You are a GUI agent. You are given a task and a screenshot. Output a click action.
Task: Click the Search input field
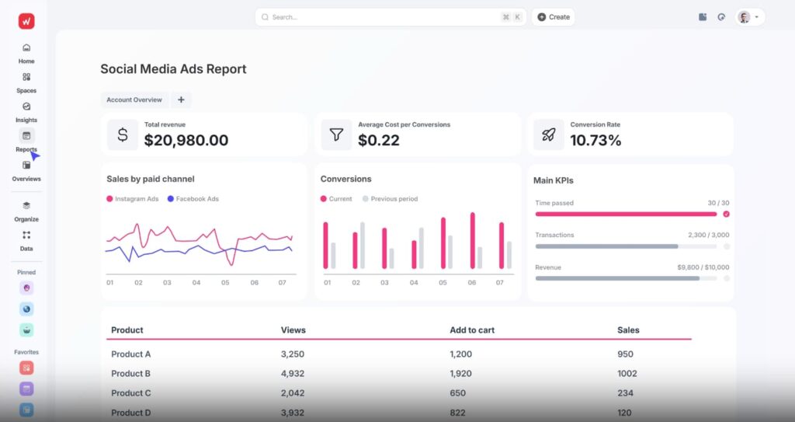coord(391,17)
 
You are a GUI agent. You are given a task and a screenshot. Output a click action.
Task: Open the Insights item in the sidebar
coord(26,112)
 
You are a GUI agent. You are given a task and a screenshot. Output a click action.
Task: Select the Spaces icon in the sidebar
coord(26,77)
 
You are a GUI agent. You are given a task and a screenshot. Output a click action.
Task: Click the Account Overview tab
coord(134,100)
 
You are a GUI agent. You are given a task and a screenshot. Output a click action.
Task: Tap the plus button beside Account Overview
coord(181,100)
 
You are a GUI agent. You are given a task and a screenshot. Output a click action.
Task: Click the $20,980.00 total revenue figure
coord(186,140)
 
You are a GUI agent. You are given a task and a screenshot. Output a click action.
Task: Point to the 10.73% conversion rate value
coord(595,140)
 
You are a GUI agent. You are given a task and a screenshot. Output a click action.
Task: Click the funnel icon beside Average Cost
coord(336,134)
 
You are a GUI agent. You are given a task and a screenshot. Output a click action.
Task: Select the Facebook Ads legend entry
coord(193,199)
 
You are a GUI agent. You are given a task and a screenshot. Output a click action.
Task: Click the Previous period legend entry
coord(390,199)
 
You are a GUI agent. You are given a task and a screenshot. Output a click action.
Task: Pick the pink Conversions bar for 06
coord(473,241)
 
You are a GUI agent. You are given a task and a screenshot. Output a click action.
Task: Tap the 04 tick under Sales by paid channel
coord(196,283)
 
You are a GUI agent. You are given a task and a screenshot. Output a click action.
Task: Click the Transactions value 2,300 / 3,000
coord(708,235)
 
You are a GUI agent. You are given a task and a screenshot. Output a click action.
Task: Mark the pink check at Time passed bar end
coord(726,214)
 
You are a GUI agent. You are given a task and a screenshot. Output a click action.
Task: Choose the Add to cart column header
coord(472,330)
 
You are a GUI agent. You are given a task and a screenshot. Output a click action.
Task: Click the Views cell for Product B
coord(293,374)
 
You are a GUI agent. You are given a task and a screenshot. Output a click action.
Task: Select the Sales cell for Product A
coord(625,354)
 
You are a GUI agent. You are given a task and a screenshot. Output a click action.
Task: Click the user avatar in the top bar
coord(744,17)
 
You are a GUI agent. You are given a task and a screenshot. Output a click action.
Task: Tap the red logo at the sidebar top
coord(26,21)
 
